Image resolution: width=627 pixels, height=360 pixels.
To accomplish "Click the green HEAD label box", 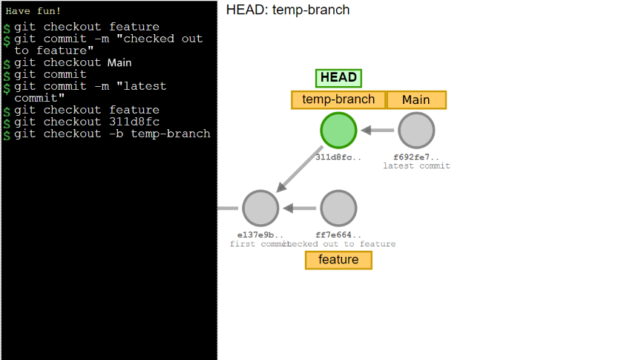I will [x=338, y=77].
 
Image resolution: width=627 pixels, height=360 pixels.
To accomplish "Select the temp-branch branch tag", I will [x=338, y=100].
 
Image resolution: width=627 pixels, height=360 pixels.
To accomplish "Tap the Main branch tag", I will [x=416, y=100].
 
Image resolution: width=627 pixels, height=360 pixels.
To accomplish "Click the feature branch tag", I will [x=338, y=260].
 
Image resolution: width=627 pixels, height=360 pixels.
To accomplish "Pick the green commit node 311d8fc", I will [x=338, y=131].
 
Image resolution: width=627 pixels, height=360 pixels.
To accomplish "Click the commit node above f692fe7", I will [x=416, y=131].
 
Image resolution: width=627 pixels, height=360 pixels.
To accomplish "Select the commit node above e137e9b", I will [x=260, y=208].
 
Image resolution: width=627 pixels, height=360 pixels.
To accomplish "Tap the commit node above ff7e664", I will [x=338, y=208].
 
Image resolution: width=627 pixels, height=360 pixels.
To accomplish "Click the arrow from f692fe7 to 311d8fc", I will [x=377, y=131].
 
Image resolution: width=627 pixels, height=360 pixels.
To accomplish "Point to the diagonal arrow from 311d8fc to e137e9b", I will [x=300, y=169].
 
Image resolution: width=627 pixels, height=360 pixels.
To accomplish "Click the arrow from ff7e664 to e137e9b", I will [x=300, y=208].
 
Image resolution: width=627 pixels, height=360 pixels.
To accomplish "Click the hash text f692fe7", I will [x=416, y=157].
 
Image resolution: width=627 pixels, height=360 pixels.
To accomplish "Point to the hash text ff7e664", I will [x=338, y=235].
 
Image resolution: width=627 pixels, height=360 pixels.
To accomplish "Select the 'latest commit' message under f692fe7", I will [x=416, y=166].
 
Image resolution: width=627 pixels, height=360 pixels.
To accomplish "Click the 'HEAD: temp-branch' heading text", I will [x=288, y=10].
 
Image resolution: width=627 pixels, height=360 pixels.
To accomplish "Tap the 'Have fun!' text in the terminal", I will [x=33, y=11].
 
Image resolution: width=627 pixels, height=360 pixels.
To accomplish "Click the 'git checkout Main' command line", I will [x=73, y=62].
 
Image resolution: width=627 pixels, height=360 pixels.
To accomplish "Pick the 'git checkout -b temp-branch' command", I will [x=112, y=134].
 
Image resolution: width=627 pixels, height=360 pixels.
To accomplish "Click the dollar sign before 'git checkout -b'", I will [x=7, y=135].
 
